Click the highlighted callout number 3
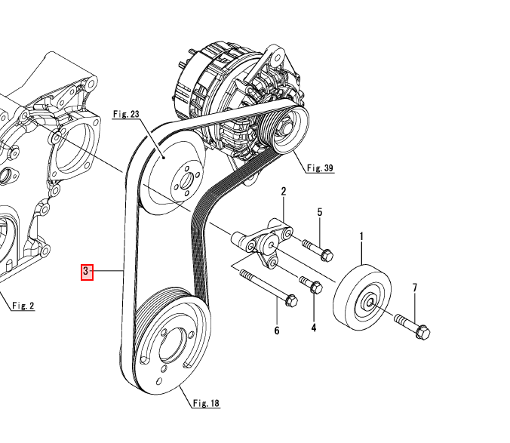[86, 271]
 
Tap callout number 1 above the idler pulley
[361, 238]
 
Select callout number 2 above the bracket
[284, 192]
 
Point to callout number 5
[319, 213]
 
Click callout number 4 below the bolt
[314, 328]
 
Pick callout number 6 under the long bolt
[276, 331]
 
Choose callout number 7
[414, 288]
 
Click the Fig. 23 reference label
[126, 115]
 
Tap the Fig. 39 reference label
[320, 168]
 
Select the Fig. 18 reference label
[205, 404]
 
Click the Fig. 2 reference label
[23, 306]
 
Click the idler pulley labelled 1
[364, 297]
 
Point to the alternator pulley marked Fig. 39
[287, 129]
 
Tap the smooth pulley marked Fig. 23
[175, 179]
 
